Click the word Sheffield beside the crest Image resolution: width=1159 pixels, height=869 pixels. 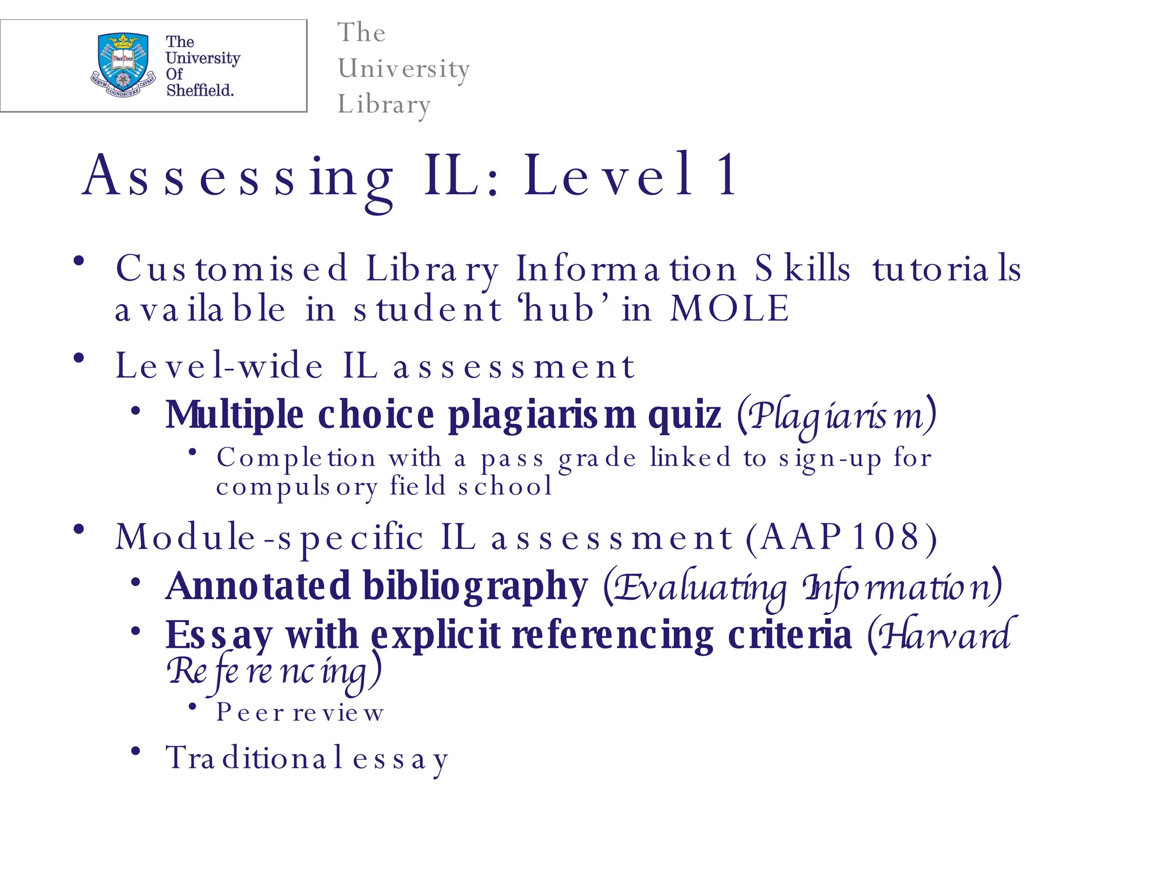(x=200, y=90)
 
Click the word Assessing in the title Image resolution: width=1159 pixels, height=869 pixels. (x=238, y=177)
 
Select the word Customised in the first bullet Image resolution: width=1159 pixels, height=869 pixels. (x=231, y=268)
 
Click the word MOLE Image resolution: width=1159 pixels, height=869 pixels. (x=729, y=309)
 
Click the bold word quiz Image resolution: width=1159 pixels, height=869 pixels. (x=684, y=415)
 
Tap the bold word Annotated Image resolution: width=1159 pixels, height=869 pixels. (x=258, y=586)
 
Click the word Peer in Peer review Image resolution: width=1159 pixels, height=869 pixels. (x=250, y=712)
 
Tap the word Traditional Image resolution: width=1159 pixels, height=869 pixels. (x=246, y=758)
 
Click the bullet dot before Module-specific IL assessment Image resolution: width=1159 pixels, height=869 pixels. (x=79, y=530)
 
